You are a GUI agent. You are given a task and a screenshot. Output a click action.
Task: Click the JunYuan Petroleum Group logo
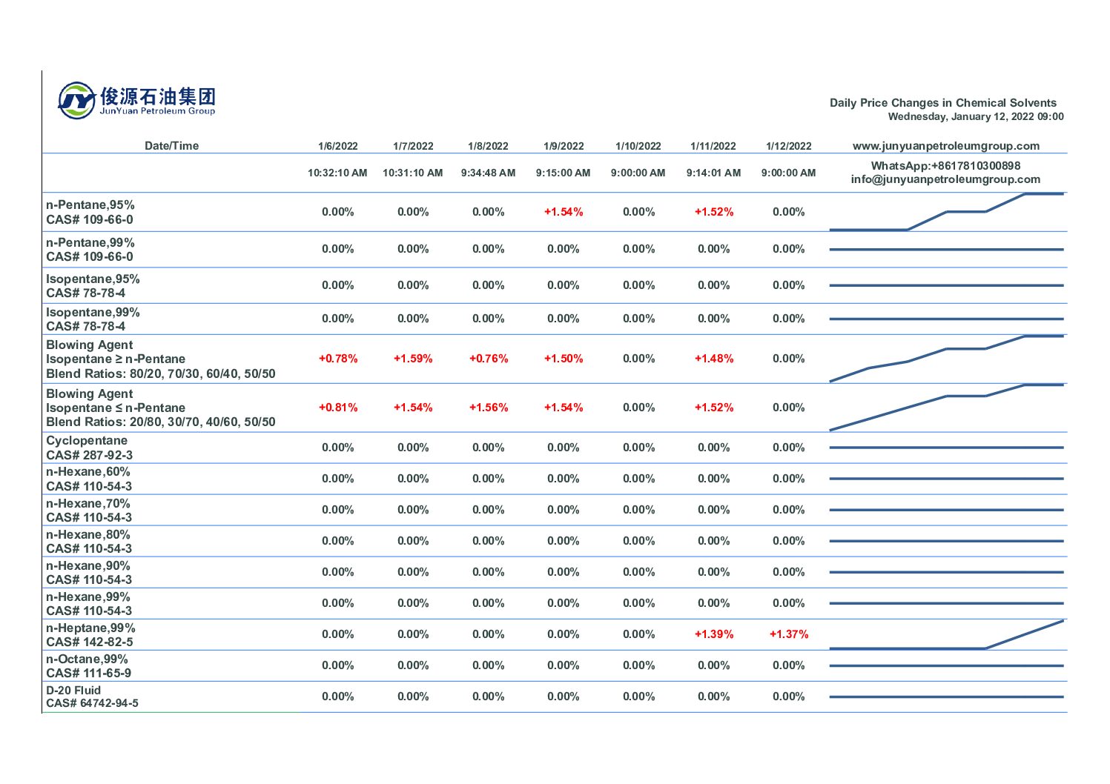(x=137, y=100)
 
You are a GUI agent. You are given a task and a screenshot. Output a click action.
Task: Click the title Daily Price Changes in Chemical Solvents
(x=942, y=103)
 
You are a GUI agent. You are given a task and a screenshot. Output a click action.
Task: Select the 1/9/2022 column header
(x=564, y=146)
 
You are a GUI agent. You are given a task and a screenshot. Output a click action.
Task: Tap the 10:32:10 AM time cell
(x=337, y=173)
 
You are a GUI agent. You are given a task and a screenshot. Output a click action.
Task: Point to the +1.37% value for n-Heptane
(x=789, y=634)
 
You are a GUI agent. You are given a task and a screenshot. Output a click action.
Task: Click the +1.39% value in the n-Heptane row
(x=713, y=634)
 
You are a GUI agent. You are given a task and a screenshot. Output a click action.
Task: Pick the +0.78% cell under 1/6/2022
(x=338, y=359)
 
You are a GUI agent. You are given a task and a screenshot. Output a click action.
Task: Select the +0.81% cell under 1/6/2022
(x=338, y=408)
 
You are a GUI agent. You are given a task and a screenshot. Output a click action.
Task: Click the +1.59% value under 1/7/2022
(x=413, y=359)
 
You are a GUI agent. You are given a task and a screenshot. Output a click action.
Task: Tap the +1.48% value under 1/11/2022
(x=713, y=359)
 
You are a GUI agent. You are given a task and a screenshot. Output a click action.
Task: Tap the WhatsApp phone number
(x=945, y=166)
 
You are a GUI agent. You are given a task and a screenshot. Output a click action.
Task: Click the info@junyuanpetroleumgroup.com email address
(x=945, y=179)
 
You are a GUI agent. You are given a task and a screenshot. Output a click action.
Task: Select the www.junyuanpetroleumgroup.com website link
(x=945, y=146)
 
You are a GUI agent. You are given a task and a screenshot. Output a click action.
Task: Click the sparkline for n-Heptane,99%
(x=946, y=635)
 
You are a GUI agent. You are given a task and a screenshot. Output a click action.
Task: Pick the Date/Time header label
(x=171, y=146)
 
